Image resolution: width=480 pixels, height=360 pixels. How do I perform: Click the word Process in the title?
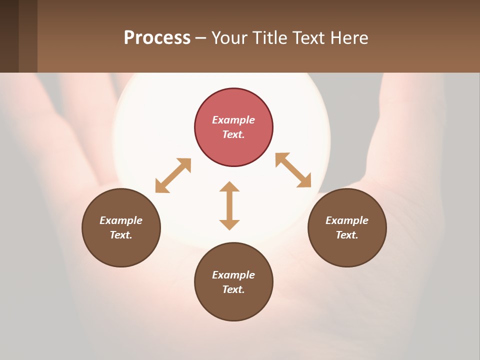point(157,38)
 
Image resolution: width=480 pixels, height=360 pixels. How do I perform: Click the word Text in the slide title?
point(309,38)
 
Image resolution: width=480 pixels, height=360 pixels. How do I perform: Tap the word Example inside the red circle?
point(233,120)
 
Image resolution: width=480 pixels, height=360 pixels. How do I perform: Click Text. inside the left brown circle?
point(121,235)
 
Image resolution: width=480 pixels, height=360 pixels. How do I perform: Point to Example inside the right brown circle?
point(347,220)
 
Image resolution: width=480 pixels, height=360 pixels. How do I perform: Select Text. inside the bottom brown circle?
point(233,289)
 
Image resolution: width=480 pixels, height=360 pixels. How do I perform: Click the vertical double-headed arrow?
point(229,205)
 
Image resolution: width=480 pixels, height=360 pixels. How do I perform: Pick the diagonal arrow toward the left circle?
point(173,175)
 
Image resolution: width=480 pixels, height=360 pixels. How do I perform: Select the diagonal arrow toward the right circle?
point(293,170)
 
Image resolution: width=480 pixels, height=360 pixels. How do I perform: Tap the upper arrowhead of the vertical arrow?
point(229,186)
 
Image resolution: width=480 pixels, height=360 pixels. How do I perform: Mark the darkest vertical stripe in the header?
point(9,36)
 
